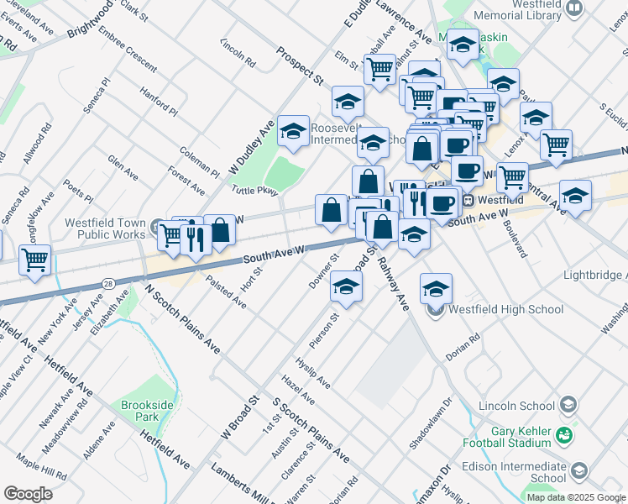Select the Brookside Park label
(x=139, y=411)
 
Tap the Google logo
(x=28, y=494)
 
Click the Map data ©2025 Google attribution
(x=575, y=496)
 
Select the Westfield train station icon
(x=468, y=201)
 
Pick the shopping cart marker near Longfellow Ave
(x=34, y=260)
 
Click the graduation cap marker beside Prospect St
(x=293, y=131)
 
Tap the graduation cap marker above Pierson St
(x=346, y=286)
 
